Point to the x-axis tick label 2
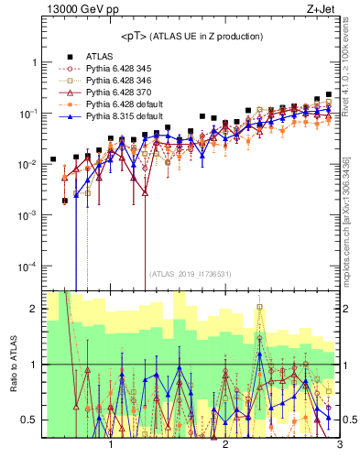tap(225, 445)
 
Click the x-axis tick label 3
tap(339, 445)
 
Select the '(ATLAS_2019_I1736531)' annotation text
tap(191, 274)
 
